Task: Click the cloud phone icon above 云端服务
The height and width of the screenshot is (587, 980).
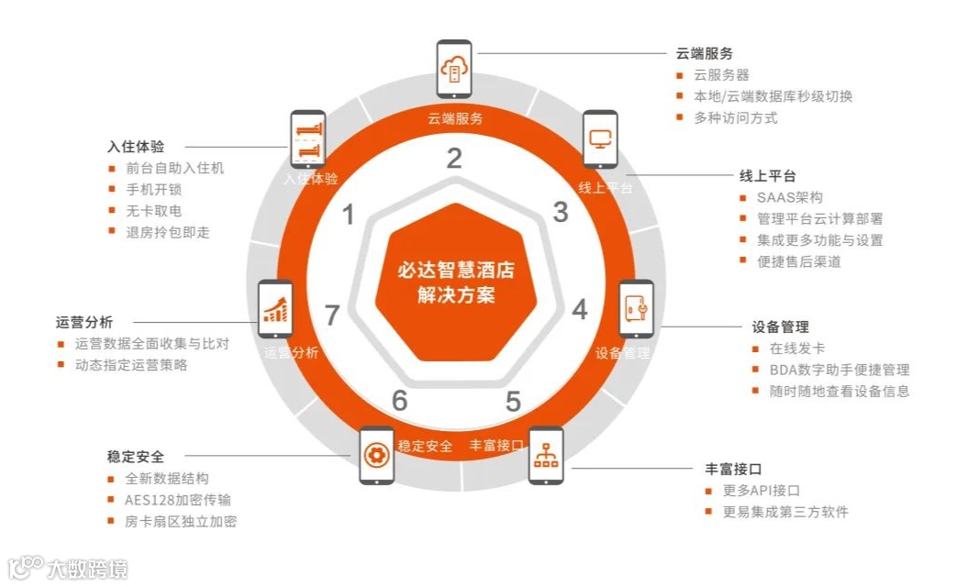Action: pos(454,69)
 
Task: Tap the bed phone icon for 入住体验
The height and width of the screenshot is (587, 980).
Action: pos(308,139)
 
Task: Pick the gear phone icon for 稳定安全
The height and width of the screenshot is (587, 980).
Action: pos(376,455)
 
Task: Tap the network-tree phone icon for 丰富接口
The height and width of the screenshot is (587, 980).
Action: pos(546,455)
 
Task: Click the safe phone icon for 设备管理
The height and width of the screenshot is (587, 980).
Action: pos(636,309)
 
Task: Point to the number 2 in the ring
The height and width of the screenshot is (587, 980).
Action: pos(454,159)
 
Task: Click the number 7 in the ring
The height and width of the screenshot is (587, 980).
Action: pos(333,315)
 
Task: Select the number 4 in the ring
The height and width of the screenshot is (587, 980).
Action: pos(580,309)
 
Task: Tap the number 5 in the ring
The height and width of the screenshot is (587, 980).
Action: pos(513,401)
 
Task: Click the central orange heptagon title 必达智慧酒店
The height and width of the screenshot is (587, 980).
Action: pos(454,271)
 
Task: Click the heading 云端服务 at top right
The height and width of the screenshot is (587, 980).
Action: pos(704,53)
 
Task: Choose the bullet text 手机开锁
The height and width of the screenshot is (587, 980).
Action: pos(154,190)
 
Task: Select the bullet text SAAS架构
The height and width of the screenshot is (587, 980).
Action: pos(789,197)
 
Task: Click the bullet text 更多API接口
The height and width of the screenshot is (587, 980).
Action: pos(761,491)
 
